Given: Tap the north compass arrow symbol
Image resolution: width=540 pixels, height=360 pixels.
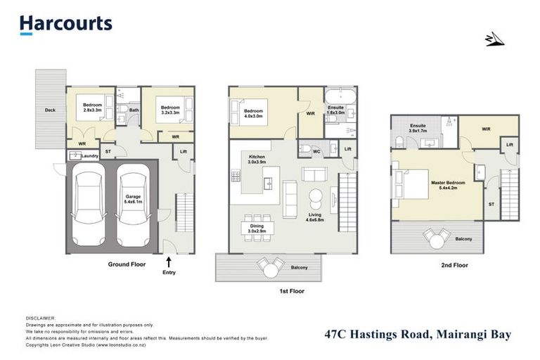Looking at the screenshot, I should pos(494,39).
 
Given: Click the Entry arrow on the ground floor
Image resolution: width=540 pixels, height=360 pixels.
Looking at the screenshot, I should pos(169,264).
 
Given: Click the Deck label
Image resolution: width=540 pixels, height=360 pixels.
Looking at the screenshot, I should pos(49,110).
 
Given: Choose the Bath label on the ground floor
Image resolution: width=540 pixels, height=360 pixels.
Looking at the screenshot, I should pos(134,110).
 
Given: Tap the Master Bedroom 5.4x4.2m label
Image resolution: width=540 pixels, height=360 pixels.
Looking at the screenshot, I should pos(443,186).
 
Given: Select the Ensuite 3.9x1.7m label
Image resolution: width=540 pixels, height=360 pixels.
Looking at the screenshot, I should pos(419,129).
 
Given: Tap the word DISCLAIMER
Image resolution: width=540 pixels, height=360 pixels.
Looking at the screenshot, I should pos(40,318).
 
